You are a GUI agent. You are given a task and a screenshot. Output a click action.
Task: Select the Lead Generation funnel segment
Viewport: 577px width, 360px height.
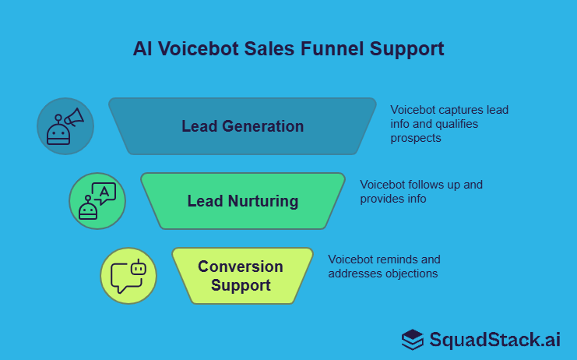(x=242, y=126)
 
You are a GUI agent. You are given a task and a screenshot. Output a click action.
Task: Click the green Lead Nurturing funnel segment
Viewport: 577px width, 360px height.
(x=242, y=201)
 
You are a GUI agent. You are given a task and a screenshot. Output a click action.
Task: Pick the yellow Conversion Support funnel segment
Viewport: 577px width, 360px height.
(x=241, y=276)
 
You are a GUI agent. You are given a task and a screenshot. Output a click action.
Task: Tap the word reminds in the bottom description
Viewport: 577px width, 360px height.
(x=398, y=259)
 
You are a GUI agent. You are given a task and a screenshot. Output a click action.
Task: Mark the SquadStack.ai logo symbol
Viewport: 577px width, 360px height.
(x=413, y=339)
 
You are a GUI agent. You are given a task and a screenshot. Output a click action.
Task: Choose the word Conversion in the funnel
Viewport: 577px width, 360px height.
(x=241, y=266)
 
